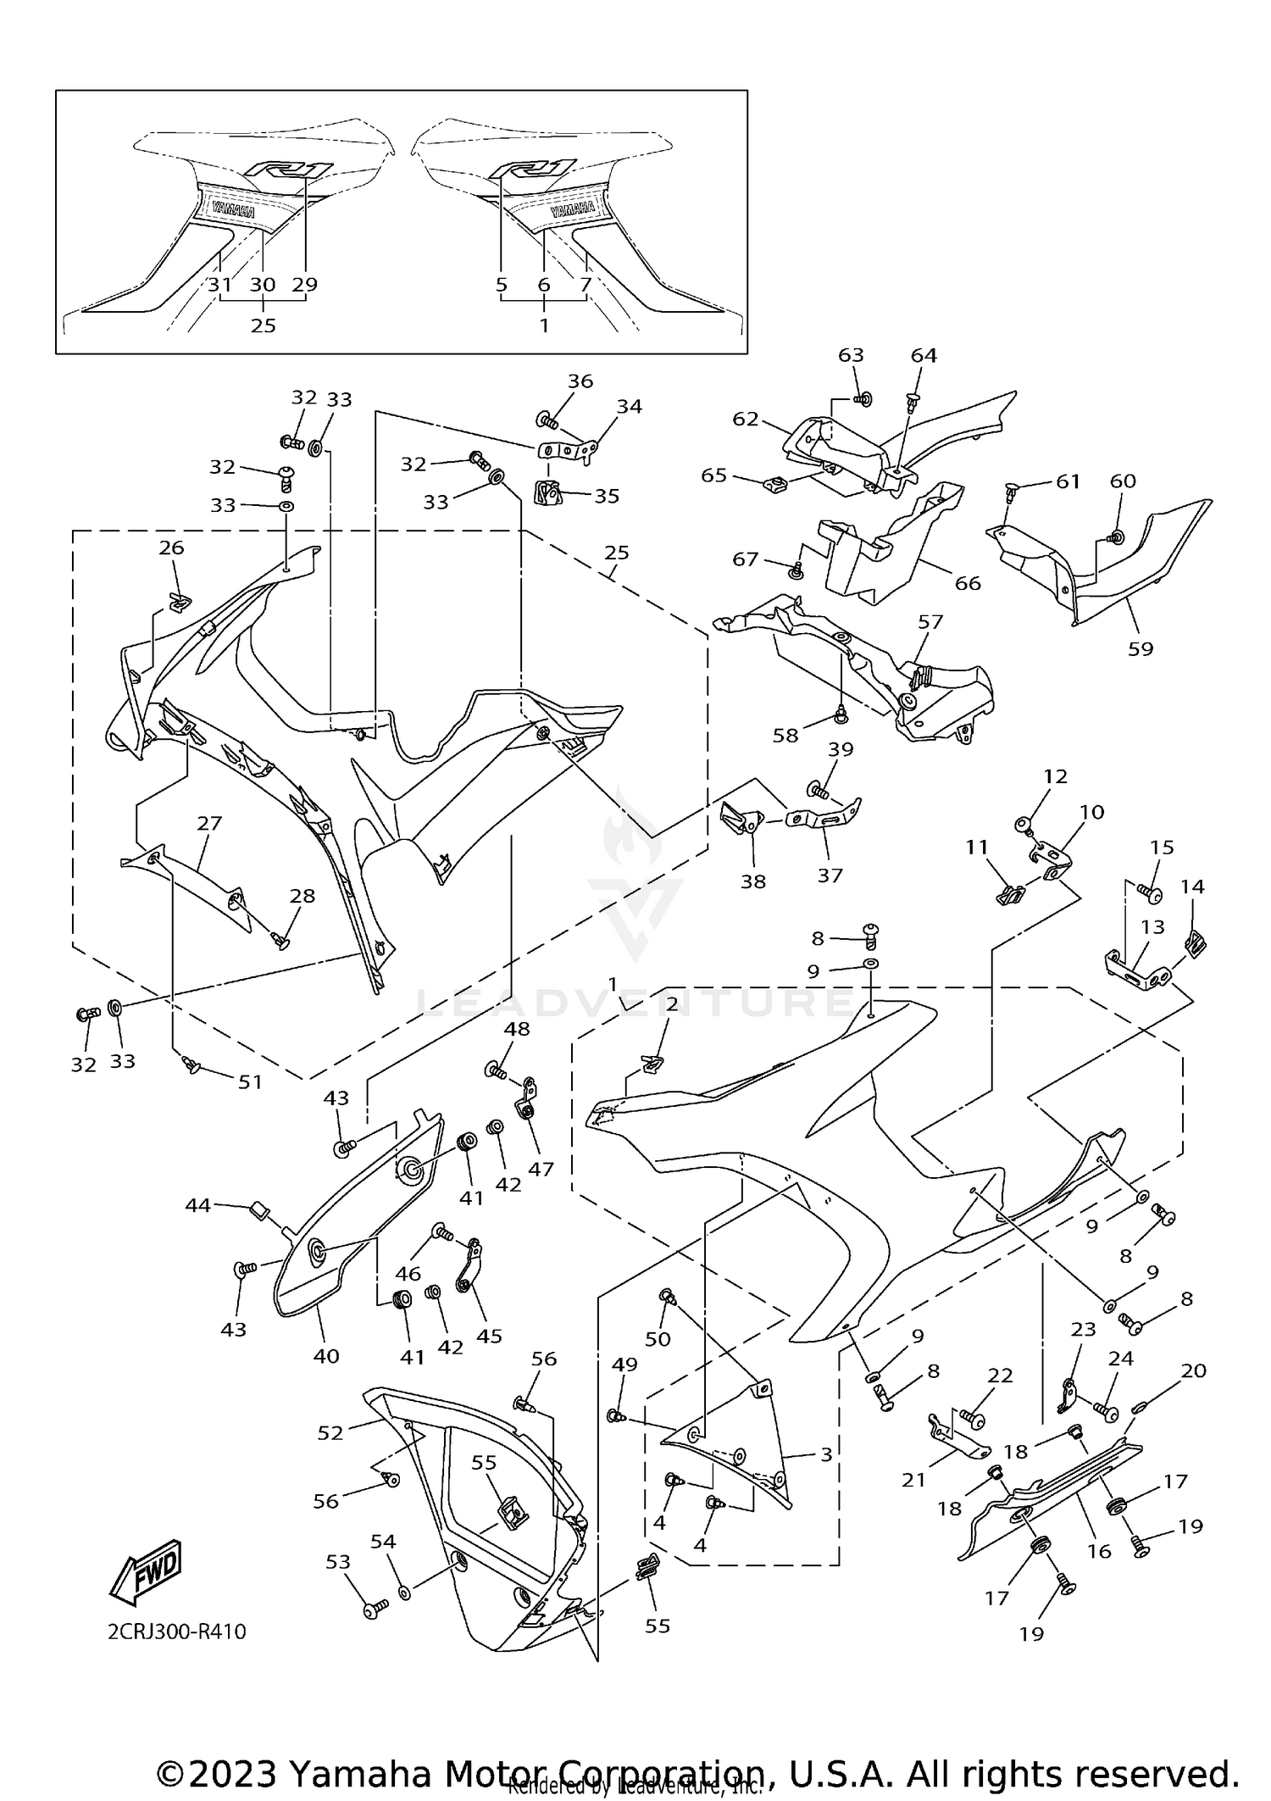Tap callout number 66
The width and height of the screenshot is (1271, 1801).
[x=967, y=583]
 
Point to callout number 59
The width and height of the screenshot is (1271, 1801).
[x=1141, y=649]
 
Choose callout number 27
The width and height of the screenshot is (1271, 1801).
[x=209, y=823]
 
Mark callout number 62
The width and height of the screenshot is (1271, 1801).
[x=746, y=419]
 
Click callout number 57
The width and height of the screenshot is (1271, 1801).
[x=930, y=621]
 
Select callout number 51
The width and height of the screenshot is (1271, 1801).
[x=250, y=1082]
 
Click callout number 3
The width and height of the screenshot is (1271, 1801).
[x=826, y=1455]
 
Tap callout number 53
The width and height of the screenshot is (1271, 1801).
[x=338, y=1562]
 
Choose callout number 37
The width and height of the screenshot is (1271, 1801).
[x=830, y=875]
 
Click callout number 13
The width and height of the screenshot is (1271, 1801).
[x=1152, y=927]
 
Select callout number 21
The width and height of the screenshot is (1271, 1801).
[x=913, y=1480]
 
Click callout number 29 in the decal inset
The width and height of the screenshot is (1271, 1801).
[x=304, y=285]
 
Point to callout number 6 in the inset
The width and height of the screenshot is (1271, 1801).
[x=543, y=285]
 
